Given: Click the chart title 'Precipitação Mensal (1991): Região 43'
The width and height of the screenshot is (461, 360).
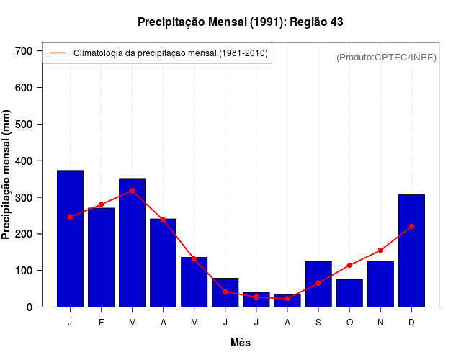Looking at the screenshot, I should click(240, 22).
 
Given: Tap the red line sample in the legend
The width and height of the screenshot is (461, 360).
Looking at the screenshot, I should click(58, 53).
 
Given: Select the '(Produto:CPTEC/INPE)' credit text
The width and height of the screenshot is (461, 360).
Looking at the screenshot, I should click(386, 58).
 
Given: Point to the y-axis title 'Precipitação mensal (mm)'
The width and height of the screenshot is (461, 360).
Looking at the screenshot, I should click(7, 175).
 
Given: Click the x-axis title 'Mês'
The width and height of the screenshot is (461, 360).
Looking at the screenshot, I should click(241, 343).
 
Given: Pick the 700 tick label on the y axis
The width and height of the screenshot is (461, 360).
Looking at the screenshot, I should click(24, 51).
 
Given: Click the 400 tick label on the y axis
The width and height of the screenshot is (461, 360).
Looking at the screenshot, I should click(24, 161).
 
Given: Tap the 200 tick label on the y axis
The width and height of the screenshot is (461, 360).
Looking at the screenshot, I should click(24, 234).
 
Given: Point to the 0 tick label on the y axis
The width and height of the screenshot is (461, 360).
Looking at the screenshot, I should click(30, 307).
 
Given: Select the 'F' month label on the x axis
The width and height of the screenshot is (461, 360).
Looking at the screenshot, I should click(102, 323).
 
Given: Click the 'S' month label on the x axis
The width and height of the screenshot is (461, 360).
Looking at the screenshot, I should click(318, 323).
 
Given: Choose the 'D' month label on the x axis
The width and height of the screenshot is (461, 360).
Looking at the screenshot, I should click(411, 323).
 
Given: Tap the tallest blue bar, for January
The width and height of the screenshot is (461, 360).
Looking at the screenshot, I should click(70, 238).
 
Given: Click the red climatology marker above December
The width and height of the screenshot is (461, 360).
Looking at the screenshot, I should click(411, 226).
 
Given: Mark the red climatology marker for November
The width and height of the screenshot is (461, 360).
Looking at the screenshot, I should click(380, 251).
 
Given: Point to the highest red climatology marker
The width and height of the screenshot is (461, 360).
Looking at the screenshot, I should click(133, 191).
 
